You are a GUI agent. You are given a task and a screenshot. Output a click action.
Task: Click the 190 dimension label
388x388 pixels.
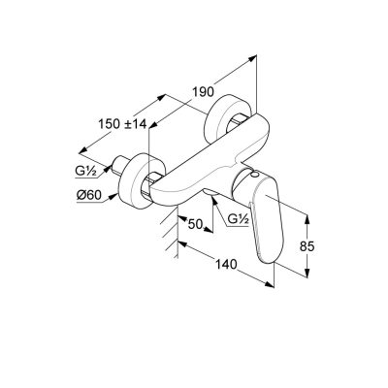[x=203, y=92]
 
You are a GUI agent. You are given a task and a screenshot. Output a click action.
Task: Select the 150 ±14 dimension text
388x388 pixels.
[x=122, y=124]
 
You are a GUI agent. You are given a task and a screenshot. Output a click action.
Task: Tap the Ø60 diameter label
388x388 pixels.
[x=89, y=195]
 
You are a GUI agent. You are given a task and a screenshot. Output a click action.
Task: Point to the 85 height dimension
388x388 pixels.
[x=307, y=246]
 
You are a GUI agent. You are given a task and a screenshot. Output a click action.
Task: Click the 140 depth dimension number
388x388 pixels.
[x=226, y=265]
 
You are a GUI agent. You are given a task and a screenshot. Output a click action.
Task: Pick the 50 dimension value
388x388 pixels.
[x=195, y=224]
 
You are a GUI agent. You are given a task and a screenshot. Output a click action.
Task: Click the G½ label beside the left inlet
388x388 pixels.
[x=85, y=172]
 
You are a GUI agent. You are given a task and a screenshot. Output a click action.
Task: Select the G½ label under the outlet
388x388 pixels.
[x=238, y=219]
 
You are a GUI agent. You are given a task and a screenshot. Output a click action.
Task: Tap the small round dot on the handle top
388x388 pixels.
[x=255, y=175]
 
